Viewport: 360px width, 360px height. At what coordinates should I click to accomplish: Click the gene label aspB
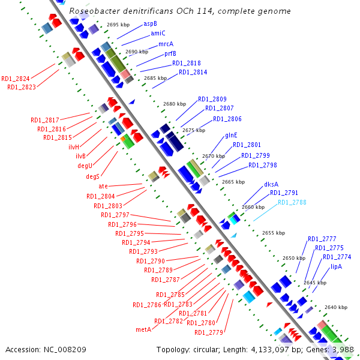[150, 23]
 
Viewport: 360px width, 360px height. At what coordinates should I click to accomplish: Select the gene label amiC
[158, 33]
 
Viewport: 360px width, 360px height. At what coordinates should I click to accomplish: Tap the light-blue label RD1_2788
[292, 202]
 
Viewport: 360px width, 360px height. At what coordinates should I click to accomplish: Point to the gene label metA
[143, 329]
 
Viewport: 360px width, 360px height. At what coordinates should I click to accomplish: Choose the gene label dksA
[271, 184]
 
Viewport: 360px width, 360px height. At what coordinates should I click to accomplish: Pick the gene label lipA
[336, 266]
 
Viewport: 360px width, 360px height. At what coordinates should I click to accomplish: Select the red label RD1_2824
[16, 79]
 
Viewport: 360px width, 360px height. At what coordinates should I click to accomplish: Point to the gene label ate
[103, 186]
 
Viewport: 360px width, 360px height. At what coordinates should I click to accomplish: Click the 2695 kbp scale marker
[118, 25]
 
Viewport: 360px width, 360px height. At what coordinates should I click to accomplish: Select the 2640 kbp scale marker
[335, 307]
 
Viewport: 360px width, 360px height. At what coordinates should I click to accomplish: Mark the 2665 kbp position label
[233, 181]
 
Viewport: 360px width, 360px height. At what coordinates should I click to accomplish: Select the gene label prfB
[170, 53]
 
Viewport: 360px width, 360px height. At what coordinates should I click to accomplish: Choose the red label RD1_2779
[208, 332]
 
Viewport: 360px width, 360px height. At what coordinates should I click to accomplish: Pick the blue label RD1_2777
[322, 239]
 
